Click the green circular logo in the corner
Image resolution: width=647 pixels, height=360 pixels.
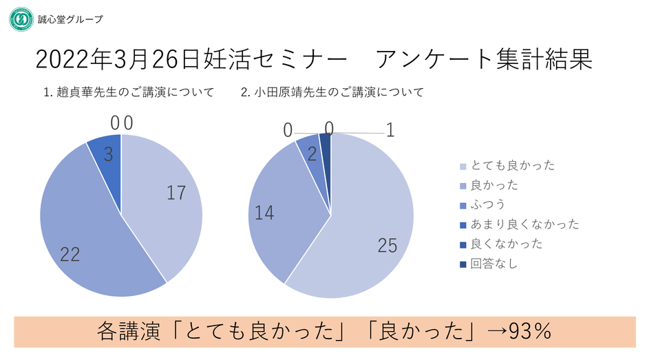21,19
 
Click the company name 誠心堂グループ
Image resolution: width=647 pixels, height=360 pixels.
70,19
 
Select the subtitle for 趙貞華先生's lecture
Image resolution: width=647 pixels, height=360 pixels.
129,92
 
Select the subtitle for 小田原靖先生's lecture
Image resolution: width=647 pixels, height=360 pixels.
332,92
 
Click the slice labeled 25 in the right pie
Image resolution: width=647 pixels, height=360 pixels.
372,227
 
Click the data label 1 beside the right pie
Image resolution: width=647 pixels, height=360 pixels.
390,130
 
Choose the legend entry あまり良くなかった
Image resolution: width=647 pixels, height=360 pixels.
524,224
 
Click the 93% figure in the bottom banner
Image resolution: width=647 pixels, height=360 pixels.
530,332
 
